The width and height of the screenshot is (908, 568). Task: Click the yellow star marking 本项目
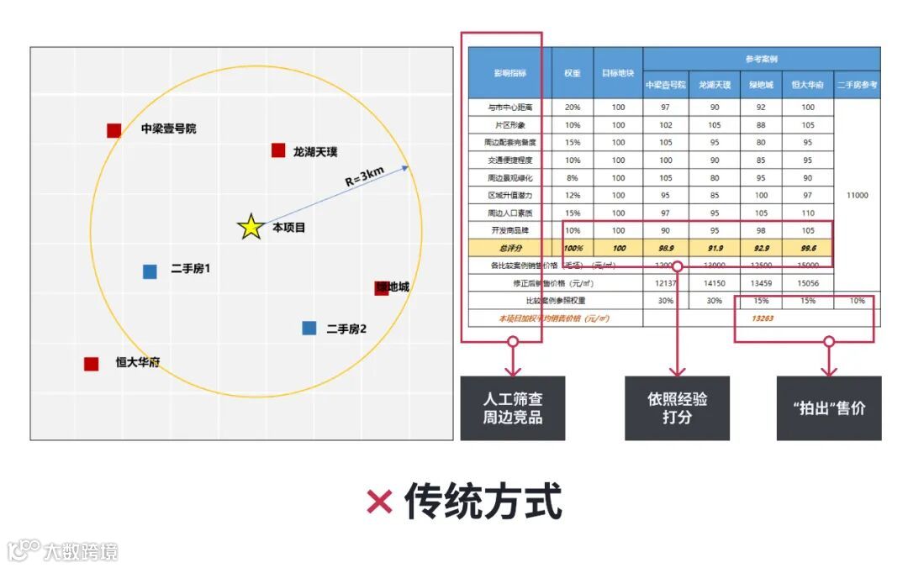(x=251, y=227)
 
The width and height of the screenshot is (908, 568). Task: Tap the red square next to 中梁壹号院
(x=113, y=130)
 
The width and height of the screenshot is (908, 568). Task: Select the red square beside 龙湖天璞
(x=278, y=150)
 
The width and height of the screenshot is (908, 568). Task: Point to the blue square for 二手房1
(x=150, y=271)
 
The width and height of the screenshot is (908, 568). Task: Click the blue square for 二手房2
(x=309, y=328)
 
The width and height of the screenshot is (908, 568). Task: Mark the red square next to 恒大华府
(x=91, y=364)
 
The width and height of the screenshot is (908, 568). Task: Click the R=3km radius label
(x=364, y=178)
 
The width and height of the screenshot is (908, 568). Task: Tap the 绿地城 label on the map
(x=393, y=287)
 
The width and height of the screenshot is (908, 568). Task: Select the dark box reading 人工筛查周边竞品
(x=513, y=408)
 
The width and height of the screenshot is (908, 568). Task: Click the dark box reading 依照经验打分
(x=677, y=408)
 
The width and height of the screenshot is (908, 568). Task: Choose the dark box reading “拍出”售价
(x=828, y=408)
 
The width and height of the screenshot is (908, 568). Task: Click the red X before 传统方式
(x=379, y=502)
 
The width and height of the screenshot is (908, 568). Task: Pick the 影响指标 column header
(x=509, y=73)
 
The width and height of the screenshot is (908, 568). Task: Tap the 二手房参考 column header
(x=857, y=85)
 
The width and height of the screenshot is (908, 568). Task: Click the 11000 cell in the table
(x=857, y=195)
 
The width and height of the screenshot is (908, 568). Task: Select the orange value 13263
(x=763, y=318)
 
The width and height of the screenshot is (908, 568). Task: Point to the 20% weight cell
(x=573, y=108)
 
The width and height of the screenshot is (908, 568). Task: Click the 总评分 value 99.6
(x=807, y=248)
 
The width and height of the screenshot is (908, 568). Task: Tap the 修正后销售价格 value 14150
(x=714, y=283)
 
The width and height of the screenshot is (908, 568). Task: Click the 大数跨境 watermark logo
(x=63, y=551)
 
